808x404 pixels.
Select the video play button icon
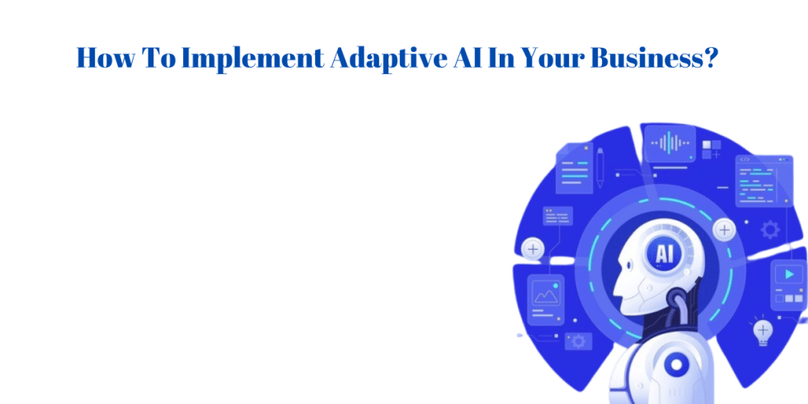tap(790, 275)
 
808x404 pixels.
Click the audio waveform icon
tap(668, 143)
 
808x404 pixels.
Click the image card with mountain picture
tap(545, 294)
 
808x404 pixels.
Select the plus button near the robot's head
tap(725, 230)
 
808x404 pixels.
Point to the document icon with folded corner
tap(574, 168)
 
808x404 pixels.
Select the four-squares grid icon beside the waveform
tap(711, 148)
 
